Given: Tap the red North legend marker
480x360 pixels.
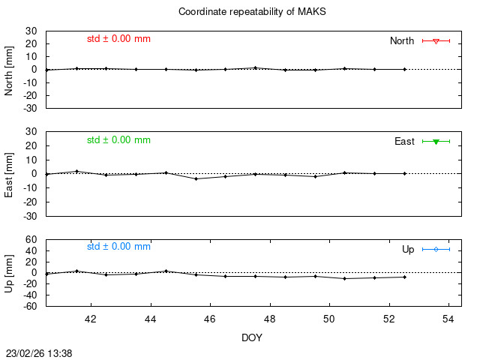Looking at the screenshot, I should pos(436,40).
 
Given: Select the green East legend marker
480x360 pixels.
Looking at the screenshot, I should pos(436,141).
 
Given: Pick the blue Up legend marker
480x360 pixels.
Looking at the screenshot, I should pos(436,249).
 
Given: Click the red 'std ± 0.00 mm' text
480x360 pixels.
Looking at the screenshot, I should pos(118,37).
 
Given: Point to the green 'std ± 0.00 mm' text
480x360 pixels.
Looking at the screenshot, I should pos(118,139).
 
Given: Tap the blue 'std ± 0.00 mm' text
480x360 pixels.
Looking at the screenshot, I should pos(118,246).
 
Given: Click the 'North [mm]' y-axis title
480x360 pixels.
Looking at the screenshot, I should pos(10,69).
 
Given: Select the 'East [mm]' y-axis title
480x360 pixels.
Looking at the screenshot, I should pos(10,173).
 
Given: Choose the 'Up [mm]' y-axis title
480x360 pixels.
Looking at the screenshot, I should pos(10,272).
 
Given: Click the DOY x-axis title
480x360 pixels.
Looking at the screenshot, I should pos(252,337).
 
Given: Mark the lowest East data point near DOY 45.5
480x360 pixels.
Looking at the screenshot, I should pos(196,178).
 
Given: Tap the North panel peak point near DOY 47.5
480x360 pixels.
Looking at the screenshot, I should pos(255,67).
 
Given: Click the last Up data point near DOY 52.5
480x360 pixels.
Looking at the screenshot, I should pos(404,277).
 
